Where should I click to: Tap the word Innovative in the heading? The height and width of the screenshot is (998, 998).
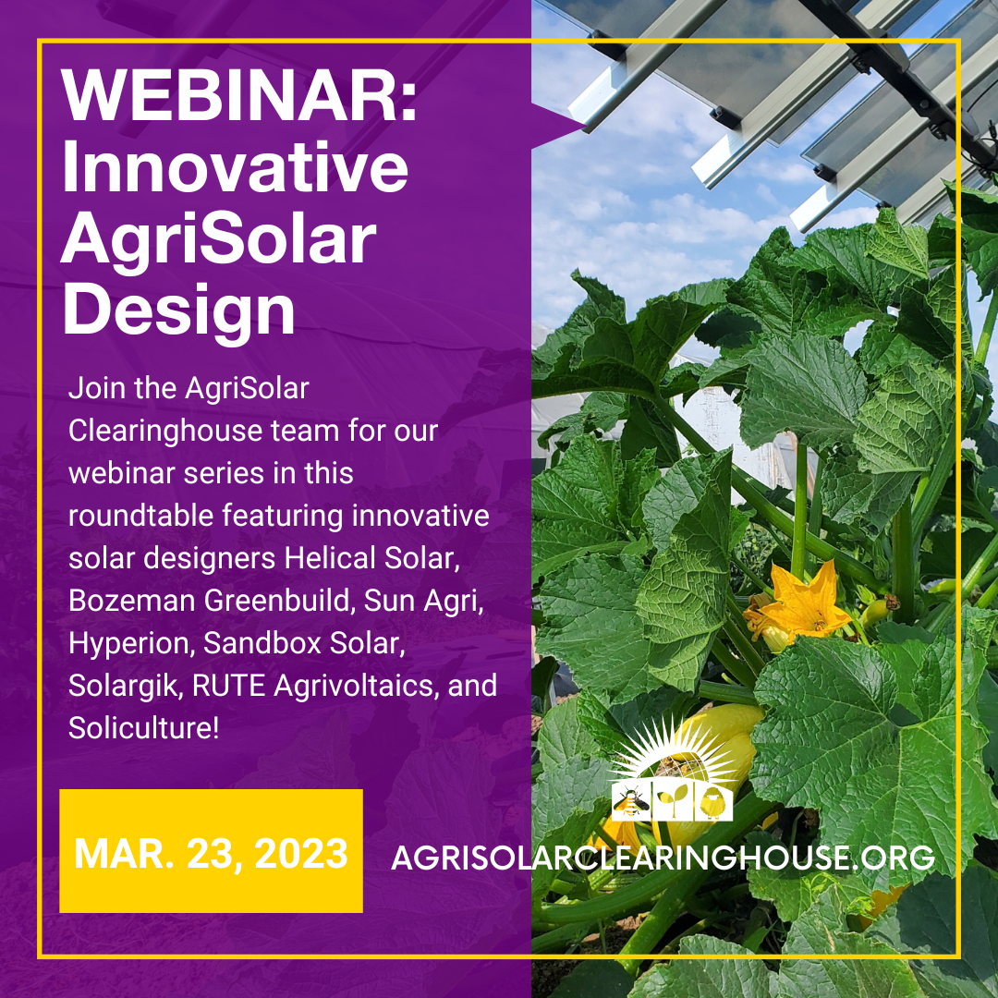click(x=235, y=166)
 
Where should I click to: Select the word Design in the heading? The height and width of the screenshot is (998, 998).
click(x=178, y=310)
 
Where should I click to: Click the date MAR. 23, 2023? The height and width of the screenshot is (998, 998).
click(x=211, y=854)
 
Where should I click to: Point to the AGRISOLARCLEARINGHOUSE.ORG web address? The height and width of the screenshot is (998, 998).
click(x=663, y=858)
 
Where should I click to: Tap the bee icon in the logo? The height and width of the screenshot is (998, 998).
click(x=630, y=803)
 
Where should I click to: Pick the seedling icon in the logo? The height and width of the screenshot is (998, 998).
click(x=673, y=803)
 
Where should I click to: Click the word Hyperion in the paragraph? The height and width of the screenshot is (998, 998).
click(x=132, y=643)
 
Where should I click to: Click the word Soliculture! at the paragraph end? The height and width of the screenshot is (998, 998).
click(x=144, y=728)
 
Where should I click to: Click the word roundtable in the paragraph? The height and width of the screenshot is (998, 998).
click(x=141, y=516)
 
